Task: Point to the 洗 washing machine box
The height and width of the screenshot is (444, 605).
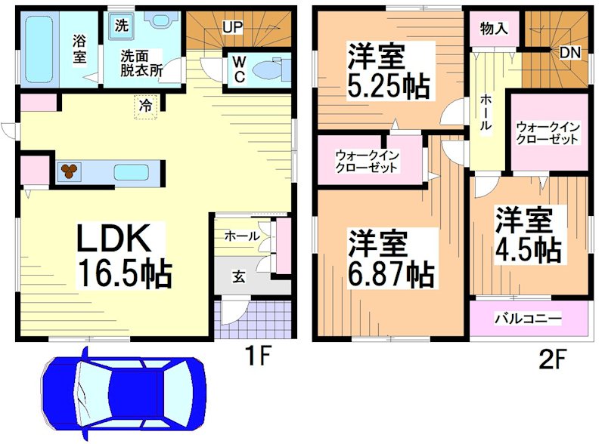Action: pos(121,23)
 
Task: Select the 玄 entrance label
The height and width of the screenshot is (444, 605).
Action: pos(237,277)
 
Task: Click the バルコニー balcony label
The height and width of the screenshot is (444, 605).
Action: pos(528,319)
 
